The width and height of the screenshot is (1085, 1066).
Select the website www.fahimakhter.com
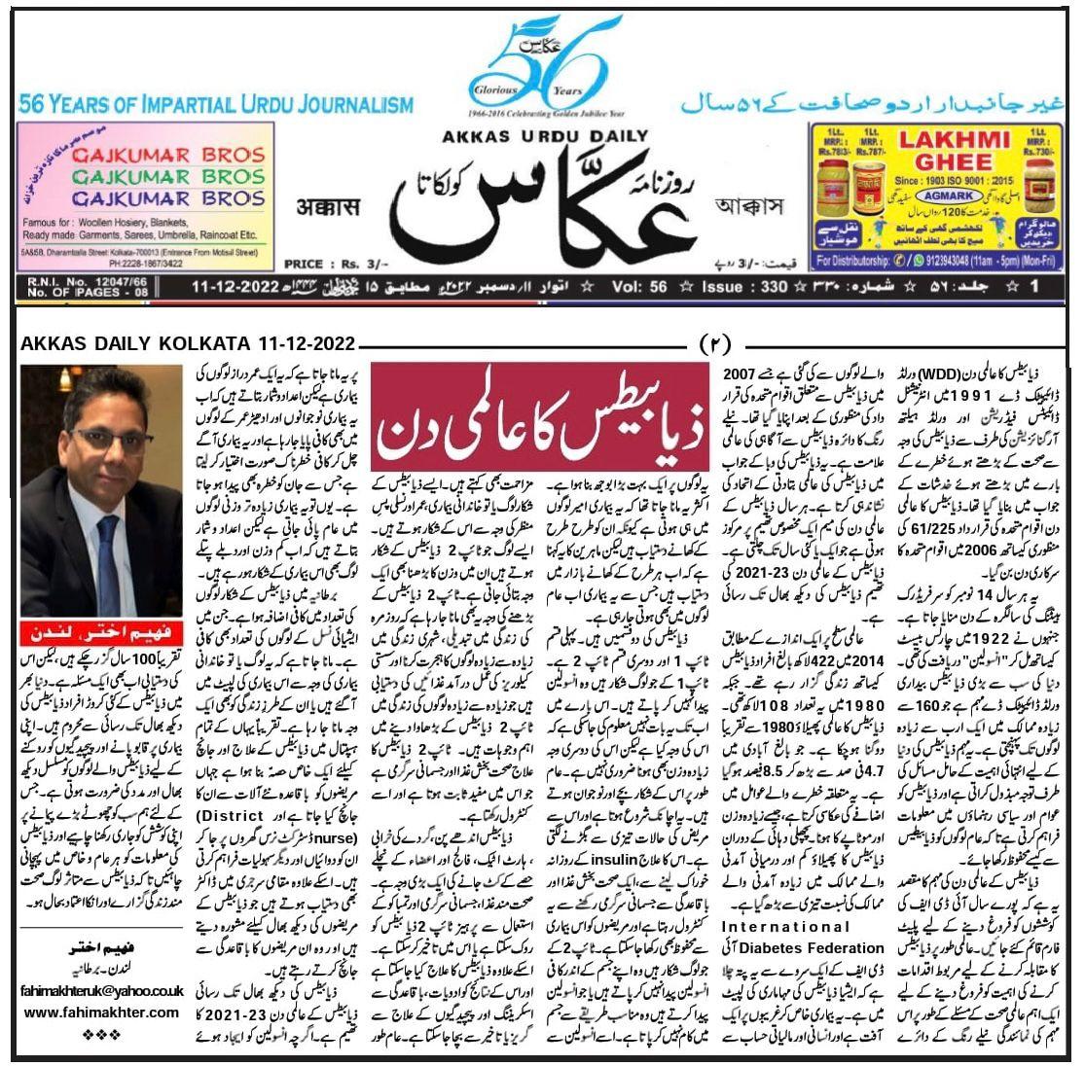click(x=101, y=1012)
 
